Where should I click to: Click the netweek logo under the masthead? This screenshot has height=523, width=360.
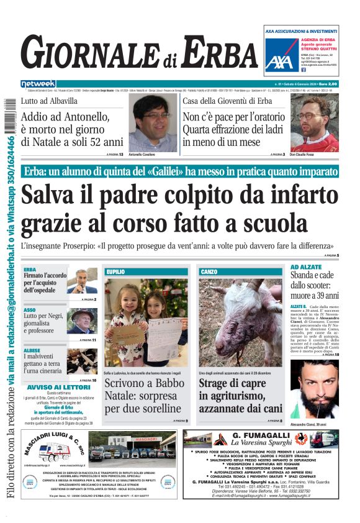pyautogui.click(x=38, y=84)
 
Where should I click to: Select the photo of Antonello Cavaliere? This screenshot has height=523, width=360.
pyautogui.click(x=153, y=122)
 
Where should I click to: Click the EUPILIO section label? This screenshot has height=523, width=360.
pyautogui.click(x=115, y=272)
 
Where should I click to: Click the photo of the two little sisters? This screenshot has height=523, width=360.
pyautogui.click(x=146, y=322)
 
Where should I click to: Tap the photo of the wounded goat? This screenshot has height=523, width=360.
pyautogui.click(x=241, y=322)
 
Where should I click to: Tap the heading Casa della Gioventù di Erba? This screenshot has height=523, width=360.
pyautogui.click(x=227, y=101)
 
